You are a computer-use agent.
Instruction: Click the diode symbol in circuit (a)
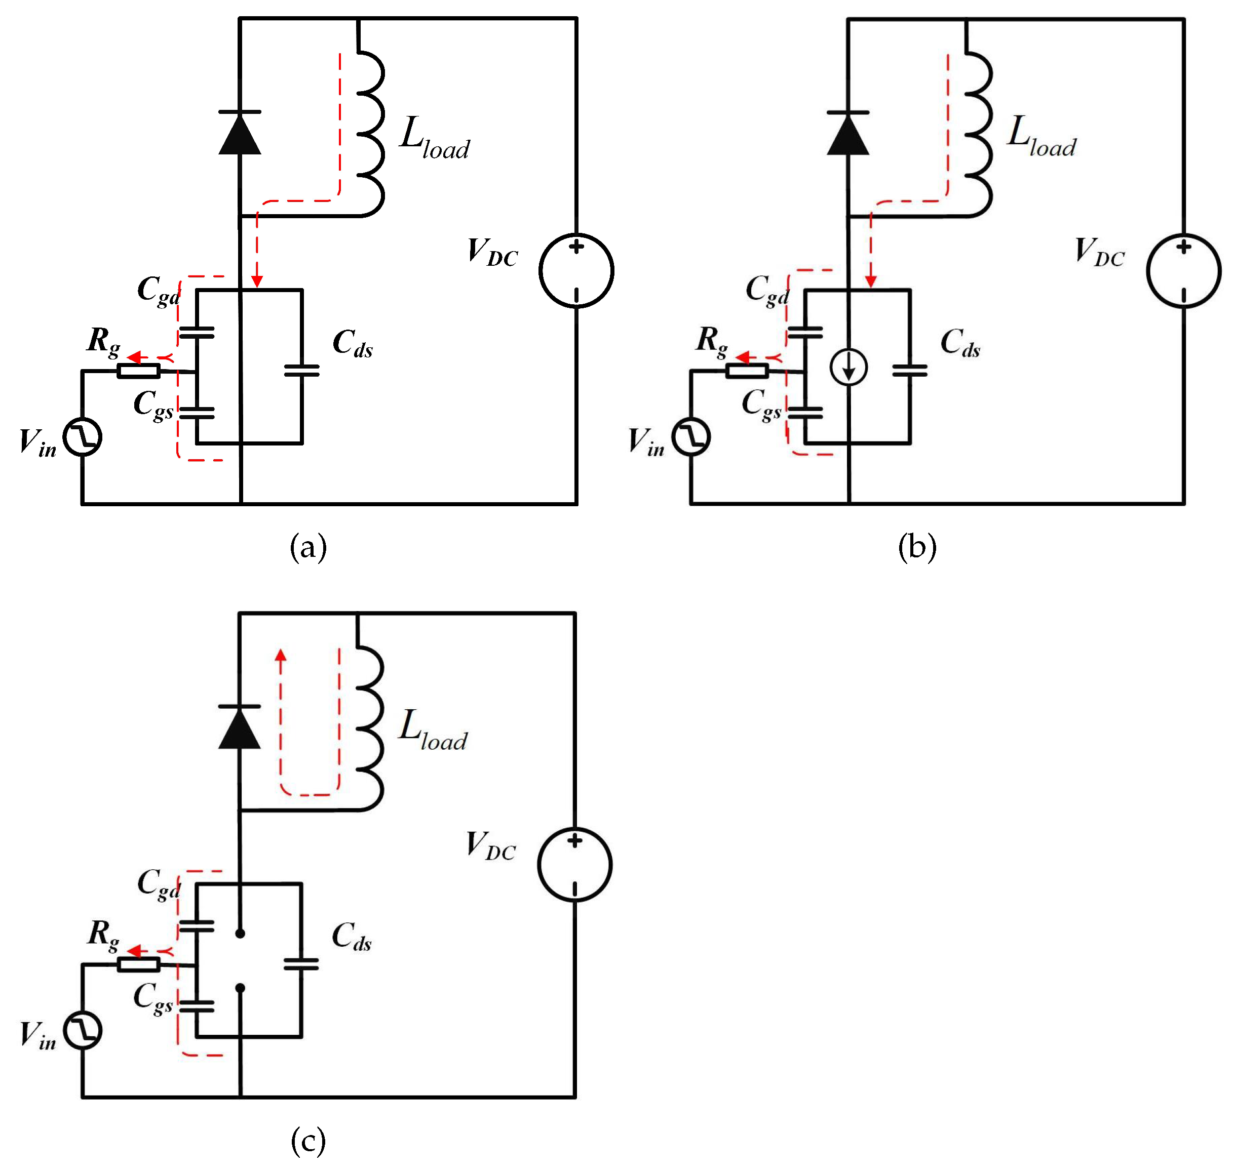click(240, 134)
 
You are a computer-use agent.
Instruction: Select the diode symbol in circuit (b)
click(848, 134)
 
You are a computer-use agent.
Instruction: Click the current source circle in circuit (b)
click(848, 368)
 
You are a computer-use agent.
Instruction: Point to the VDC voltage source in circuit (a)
click(576, 270)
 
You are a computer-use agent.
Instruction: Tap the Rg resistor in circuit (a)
click(138, 371)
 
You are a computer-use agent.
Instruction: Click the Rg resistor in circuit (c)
click(138, 964)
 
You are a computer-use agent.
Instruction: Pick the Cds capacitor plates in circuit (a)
click(301, 371)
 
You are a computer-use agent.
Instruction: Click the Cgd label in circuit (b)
click(767, 290)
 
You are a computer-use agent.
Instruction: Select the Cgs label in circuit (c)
click(153, 997)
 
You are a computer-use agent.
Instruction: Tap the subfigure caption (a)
click(307, 547)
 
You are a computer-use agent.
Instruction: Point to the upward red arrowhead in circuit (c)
click(281, 656)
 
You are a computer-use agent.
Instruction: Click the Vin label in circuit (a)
click(37, 443)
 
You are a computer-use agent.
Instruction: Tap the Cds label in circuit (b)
click(960, 343)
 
